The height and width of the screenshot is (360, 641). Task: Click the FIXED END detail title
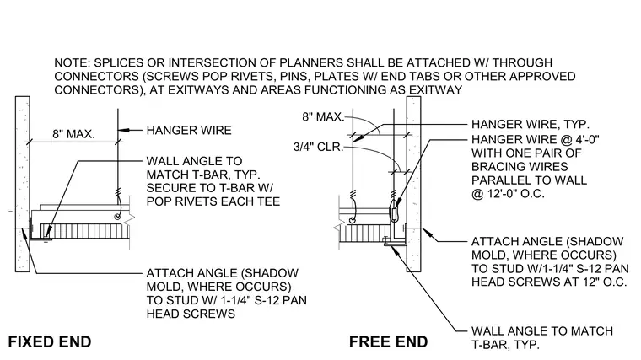pos(50,342)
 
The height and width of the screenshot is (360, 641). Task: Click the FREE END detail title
pos(388,342)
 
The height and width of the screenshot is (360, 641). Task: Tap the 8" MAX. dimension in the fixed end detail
pos(73,134)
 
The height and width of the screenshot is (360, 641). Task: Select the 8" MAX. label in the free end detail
pos(323,117)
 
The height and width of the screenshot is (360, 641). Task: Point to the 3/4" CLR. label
pos(319,147)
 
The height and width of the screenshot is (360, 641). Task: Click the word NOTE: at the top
pos(72,63)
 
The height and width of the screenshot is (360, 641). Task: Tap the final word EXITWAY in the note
pos(436,90)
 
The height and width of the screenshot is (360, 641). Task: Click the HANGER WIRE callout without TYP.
pos(189,131)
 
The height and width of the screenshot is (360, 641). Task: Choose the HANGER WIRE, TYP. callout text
pos(531,124)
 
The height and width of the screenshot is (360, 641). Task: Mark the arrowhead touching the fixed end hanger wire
pos(124,131)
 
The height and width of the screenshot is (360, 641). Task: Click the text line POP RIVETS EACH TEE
pos(213,201)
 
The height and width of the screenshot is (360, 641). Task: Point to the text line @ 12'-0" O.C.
pos(508,194)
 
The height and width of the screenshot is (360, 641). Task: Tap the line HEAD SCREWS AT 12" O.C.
pos(549,282)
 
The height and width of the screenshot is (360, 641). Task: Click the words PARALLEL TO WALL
pos(530,180)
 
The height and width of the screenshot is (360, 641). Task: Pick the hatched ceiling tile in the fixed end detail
pos(84,230)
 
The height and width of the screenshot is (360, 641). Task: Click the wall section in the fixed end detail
pos(23,184)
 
